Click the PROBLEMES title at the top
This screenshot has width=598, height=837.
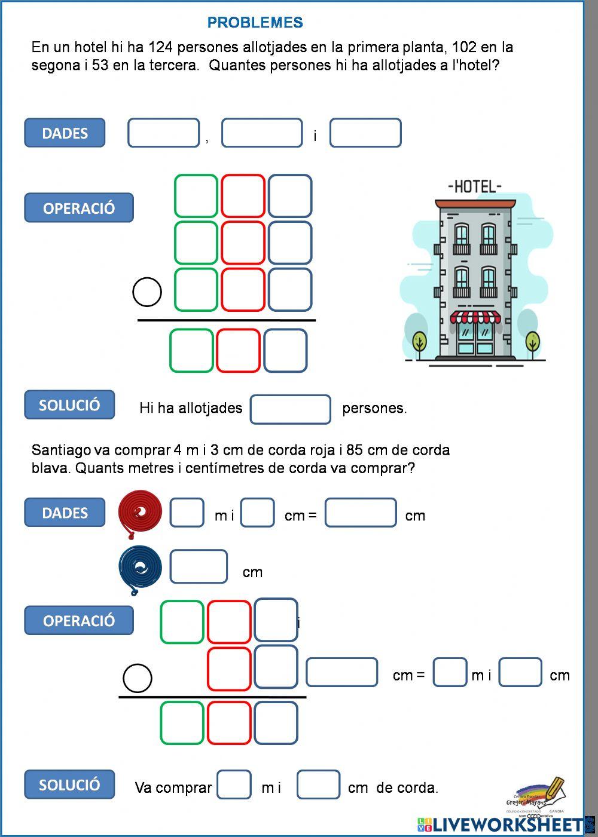point(255,23)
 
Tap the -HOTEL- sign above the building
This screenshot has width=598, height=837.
point(475,186)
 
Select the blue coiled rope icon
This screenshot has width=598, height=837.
point(140,568)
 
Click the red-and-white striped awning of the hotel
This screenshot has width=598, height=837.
point(475,317)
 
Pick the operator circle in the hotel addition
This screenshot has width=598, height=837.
point(147,292)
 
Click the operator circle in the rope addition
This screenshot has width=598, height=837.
point(138,678)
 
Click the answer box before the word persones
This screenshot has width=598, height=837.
point(291,409)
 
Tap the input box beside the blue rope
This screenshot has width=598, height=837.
point(199,567)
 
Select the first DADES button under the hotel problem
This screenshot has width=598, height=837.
point(65,133)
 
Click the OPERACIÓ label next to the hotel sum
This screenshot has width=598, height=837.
point(79,208)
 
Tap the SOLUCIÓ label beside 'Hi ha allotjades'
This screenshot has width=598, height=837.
point(69,405)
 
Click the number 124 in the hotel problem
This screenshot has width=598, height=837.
point(160,47)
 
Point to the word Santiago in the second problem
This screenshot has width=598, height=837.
point(62,450)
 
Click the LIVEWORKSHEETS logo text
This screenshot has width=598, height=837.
point(508,825)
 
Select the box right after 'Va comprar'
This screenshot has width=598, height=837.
point(234,785)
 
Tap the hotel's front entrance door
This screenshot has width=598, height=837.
point(475,340)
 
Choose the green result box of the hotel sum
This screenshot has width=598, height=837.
point(191,351)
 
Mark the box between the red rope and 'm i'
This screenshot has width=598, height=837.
point(187,513)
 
